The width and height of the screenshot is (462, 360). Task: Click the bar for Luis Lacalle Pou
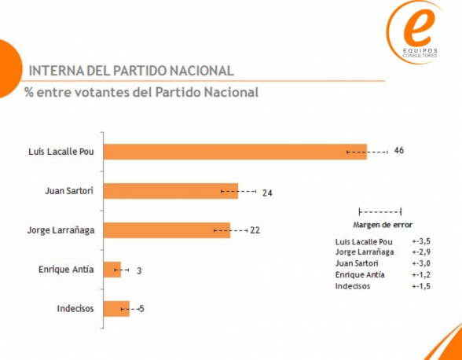tap(234, 152)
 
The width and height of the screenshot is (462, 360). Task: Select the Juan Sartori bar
tap(170, 191)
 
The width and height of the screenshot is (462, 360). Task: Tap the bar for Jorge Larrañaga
tap(166, 230)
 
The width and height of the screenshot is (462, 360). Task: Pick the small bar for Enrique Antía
tap(112, 270)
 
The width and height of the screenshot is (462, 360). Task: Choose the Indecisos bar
tap(115, 309)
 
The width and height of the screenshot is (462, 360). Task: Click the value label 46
tap(398, 150)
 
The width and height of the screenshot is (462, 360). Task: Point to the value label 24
tap(267, 192)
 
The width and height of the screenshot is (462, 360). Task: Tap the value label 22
tap(255, 230)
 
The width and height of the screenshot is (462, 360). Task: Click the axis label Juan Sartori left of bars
tap(70, 191)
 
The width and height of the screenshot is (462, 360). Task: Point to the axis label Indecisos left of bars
tap(75, 309)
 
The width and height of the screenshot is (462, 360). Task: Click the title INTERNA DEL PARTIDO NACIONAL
tap(130, 71)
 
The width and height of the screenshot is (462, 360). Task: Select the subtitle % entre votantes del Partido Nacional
tap(141, 93)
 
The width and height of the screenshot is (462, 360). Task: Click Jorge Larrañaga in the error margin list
tap(364, 252)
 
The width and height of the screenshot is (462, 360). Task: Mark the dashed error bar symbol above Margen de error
tap(379, 211)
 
